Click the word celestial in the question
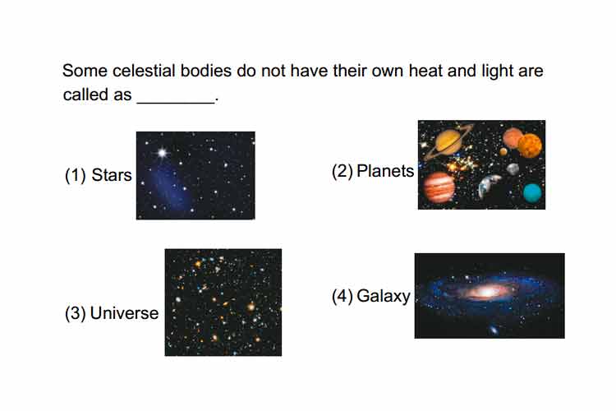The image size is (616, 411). click(x=144, y=72)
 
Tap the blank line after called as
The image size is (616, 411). click(x=176, y=102)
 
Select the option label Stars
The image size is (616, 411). click(x=112, y=175)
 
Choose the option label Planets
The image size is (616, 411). click(x=385, y=172)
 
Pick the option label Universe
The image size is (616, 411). click(x=124, y=313)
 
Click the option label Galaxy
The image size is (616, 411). click(x=384, y=297)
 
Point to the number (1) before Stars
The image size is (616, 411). click(x=75, y=175)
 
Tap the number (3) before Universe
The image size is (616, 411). click(x=75, y=314)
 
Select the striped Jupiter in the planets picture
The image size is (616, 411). click(x=439, y=187)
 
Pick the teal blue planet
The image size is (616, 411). click(x=532, y=192)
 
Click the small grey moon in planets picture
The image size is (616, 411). click(x=513, y=169)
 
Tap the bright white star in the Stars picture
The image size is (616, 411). click(x=162, y=152)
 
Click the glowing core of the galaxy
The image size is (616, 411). click(x=486, y=292)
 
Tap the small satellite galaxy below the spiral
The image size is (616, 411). click(x=493, y=330)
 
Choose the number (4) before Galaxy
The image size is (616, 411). click(x=342, y=297)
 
